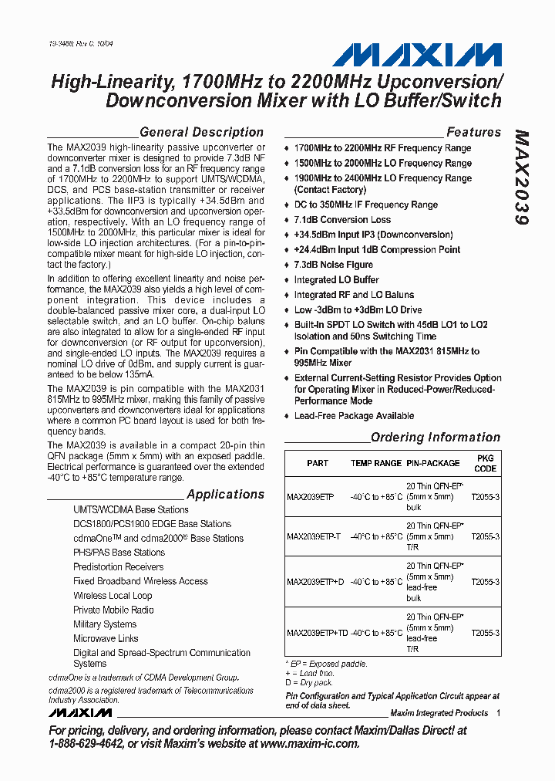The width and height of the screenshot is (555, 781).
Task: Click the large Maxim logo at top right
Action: tap(416, 55)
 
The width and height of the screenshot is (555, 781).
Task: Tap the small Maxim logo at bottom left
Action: tap(80, 712)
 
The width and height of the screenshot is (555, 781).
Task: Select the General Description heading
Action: tap(201, 132)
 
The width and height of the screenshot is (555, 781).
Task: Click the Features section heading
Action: tap(473, 132)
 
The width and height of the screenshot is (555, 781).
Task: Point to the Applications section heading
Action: tap(225, 494)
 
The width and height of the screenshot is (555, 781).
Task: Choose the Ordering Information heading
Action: tap(436, 437)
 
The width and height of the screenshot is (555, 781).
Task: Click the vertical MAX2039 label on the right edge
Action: tap(522, 177)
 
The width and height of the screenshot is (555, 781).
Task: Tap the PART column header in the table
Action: tap(317, 463)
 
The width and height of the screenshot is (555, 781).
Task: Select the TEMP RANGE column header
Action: tap(376, 463)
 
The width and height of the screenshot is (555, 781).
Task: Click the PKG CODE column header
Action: tap(486, 463)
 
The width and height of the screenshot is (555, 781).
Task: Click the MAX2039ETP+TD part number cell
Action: tap(316, 633)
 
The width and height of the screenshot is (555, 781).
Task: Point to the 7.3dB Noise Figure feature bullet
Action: tap(333, 265)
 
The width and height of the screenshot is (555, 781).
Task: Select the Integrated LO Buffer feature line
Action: tap(336, 279)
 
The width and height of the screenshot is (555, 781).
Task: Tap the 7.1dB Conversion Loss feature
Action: tap(342, 220)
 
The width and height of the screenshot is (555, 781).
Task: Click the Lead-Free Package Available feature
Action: tap(354, 416)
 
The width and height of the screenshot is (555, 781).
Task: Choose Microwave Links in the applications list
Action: tap(106, 638)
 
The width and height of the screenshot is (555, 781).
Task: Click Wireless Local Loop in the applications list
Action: tap(113, 595)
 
